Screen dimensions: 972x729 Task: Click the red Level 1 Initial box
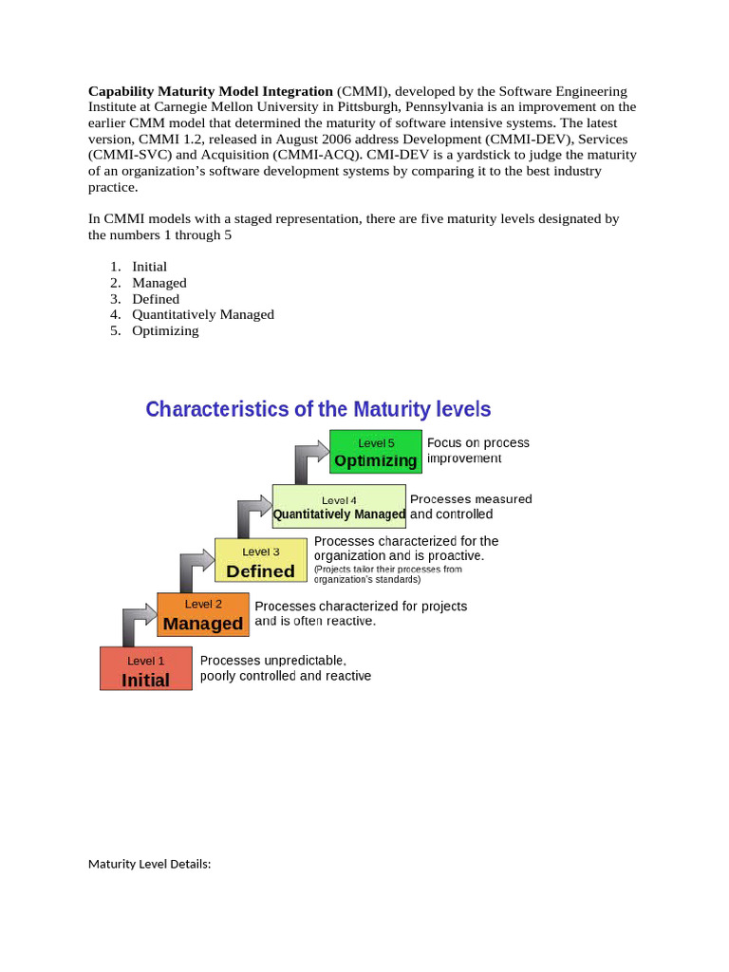[x=146, y=668]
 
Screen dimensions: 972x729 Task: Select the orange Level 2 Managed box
[x=203, y=614]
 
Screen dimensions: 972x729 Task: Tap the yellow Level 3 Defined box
[x=261, y=561]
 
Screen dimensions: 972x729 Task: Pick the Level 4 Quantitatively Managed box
[x=339, y=507]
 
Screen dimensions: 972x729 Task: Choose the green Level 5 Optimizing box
[x=376, y=451]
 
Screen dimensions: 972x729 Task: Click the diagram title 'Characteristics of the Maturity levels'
[x=318, y=409]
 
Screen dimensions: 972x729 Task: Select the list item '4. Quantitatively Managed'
[x=202, y=314]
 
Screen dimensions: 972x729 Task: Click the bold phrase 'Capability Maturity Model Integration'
[x=211, y=91]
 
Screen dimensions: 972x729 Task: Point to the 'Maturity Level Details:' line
[x=149, y=864]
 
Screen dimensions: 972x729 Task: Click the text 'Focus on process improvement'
[x=477, y=450]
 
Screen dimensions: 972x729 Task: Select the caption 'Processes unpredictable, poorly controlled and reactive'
[x=285, y=668]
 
